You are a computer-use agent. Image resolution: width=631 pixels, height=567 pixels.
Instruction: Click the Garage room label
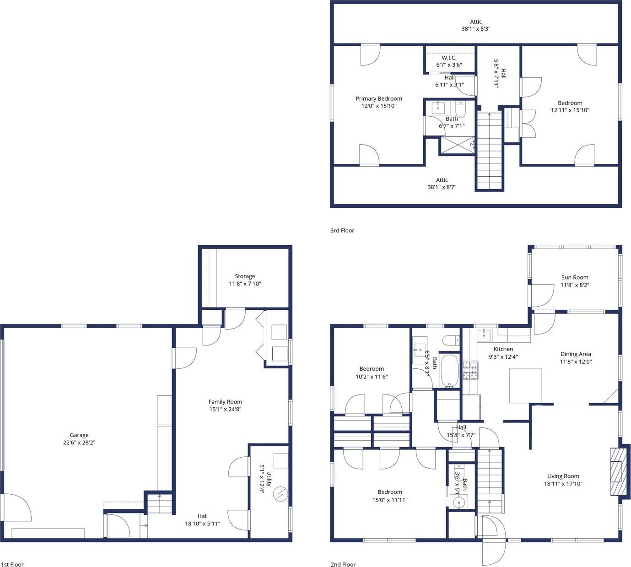click(79, 435)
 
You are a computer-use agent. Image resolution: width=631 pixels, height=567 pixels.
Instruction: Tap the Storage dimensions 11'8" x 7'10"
click(245, 284)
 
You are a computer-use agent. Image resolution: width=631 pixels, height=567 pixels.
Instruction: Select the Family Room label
click(225, 402)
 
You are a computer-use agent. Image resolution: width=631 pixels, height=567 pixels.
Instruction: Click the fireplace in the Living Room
click(618, 471)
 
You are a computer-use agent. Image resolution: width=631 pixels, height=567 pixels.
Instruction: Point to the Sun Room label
click(575, 277)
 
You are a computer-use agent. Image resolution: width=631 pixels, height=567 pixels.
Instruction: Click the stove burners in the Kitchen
click(470, 370)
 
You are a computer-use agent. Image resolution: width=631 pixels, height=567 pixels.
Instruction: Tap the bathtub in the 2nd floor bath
click(449, 371)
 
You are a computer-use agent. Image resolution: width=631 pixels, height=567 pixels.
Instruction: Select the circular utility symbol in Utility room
click(280, 494)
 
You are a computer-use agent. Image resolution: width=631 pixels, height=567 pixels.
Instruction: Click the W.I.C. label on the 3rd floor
click(449, 58)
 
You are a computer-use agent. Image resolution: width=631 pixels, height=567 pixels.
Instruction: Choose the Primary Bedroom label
click(379, 98)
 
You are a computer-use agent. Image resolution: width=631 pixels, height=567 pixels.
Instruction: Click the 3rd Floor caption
click(342, 231)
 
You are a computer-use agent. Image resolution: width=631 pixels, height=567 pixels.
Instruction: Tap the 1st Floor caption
click(12, 564)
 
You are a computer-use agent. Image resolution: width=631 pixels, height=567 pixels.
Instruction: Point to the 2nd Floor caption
click(343, 564)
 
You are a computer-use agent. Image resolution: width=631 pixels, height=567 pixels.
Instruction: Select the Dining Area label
click(575, 354)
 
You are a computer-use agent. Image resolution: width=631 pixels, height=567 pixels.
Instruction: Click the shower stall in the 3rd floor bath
click(457, 146)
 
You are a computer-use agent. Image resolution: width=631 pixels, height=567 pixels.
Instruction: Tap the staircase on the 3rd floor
click(490, 151)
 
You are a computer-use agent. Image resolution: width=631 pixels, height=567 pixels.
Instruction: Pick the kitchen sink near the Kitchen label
click(484, 335)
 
